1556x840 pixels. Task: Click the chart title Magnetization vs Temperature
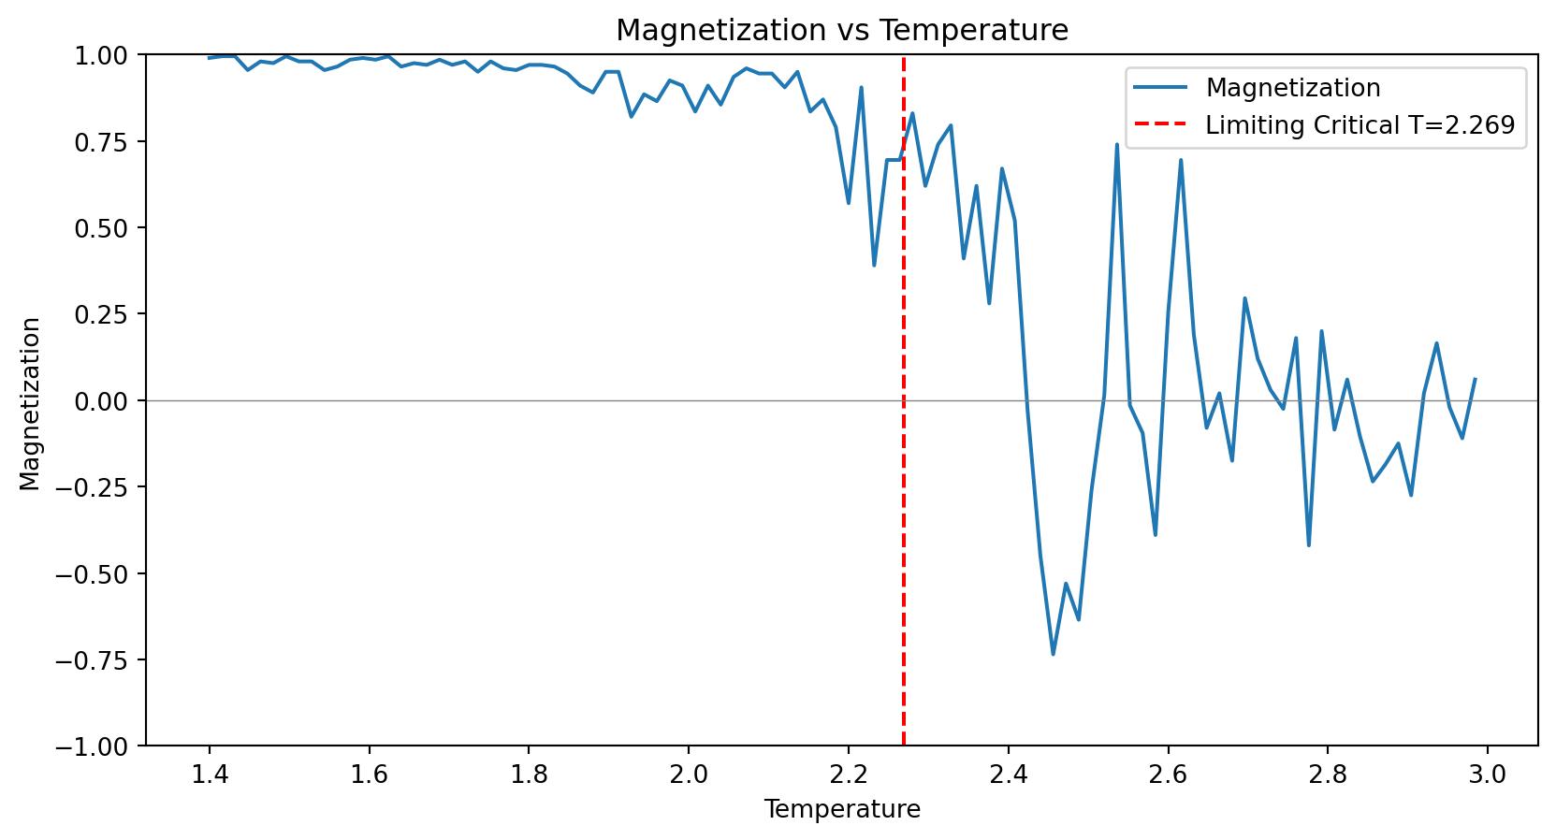pyautogui.click(x=841, y=31)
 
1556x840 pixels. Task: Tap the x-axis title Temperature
pyautogui.click(x=841, y=809)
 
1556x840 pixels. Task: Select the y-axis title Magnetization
pyautogui.click(x=31, y=403)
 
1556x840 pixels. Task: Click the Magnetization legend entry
pyautogui.click(x=1292, y=88)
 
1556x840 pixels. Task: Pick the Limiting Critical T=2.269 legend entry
pyautogui.click(x=1360, y=125)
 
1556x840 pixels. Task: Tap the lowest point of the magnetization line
pyautogui.click(x=1053, y=654)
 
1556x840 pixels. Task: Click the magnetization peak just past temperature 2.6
pyautogui.click(x=1181, y=160)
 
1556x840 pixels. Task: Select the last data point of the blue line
pyautogui.click(x=1475, y=380)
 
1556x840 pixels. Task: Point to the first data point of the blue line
pyautogui.click(x=209, y=58)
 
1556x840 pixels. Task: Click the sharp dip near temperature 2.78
pyautogui.click(x=1309, y=545)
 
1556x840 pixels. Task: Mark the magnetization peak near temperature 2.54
pyautogui.click(x=1116, y=144)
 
